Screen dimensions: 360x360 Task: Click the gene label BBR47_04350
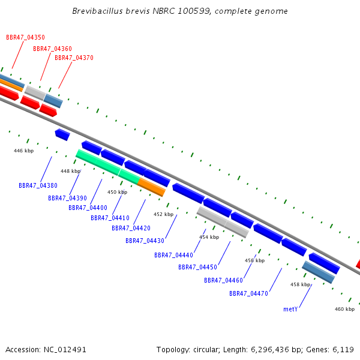pos(25,37)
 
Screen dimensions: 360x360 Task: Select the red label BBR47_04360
pos(53,49)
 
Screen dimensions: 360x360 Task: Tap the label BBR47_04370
pos(74,58)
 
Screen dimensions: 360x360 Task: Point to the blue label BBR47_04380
pos(38,185)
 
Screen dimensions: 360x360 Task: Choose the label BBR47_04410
pos(110,218)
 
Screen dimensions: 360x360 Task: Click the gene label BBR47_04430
pos(145,241)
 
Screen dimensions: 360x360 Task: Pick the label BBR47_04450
pos(197,267)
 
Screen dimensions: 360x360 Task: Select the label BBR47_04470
pos(248,293)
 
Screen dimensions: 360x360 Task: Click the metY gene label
pos(290,309)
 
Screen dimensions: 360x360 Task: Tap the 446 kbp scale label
pos(23,151)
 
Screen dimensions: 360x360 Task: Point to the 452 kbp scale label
pos(163,214)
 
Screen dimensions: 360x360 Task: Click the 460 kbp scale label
pos(344,309)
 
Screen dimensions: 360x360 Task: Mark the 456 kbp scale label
pos(254,260)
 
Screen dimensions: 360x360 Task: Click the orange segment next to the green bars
pos(152,187)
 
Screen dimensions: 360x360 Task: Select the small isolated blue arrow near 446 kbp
pos(62,134)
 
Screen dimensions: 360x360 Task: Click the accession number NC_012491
pos(65,350)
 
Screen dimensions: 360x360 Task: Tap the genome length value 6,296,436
pos(270,350)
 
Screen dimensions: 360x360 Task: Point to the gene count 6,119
pos(343,350)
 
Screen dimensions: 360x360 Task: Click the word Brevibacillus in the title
pos(98,11)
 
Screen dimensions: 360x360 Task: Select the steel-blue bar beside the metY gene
pos(319,272)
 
